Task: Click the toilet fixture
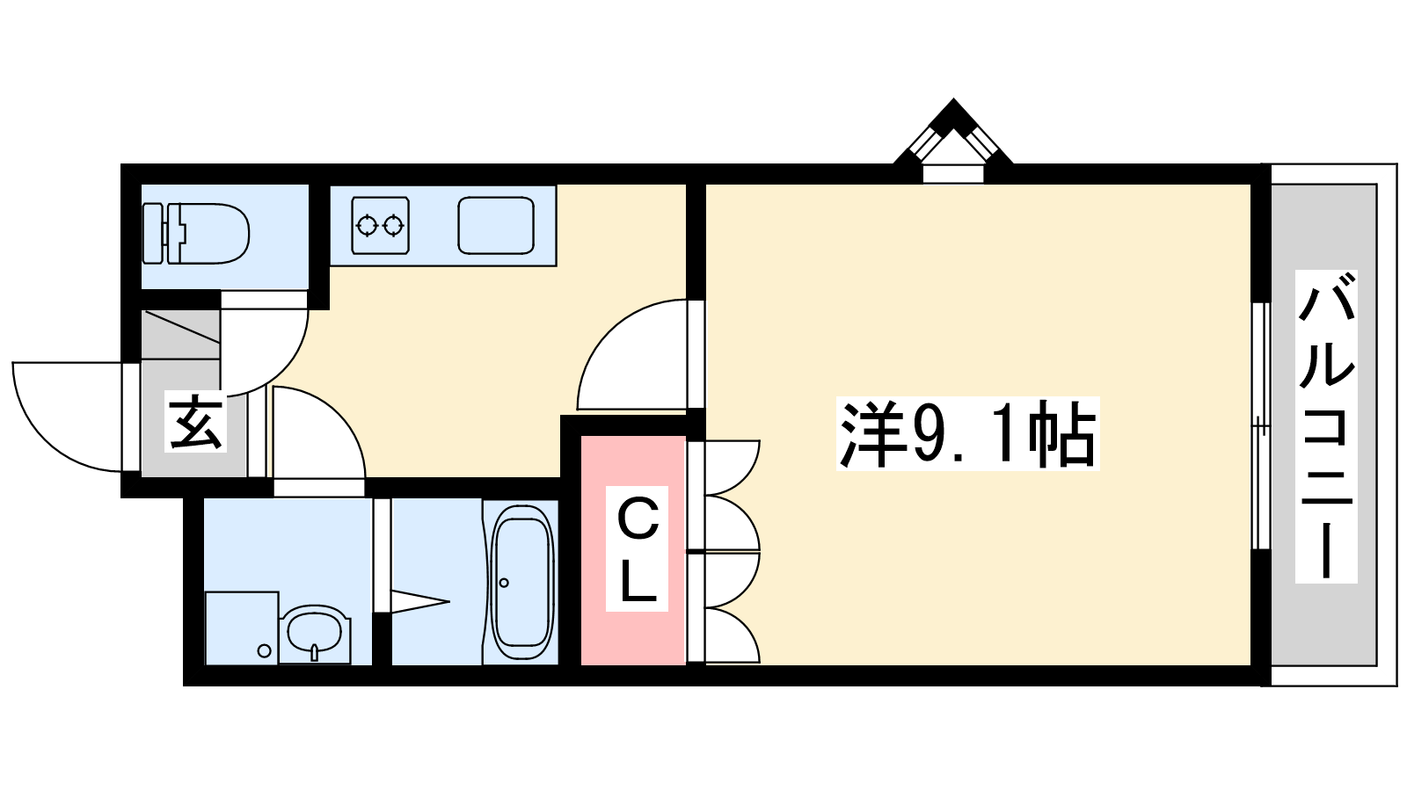[196, 233]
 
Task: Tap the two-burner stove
[381, 225]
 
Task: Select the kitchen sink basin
[496, 225]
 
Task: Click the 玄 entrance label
[195, 421]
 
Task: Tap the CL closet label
[637, 549]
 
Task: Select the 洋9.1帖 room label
[968, 434]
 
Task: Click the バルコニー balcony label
[1326, 426]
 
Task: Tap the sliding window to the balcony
[1261, 426]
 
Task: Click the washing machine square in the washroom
[242, 628]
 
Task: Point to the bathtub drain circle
[504, 583]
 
